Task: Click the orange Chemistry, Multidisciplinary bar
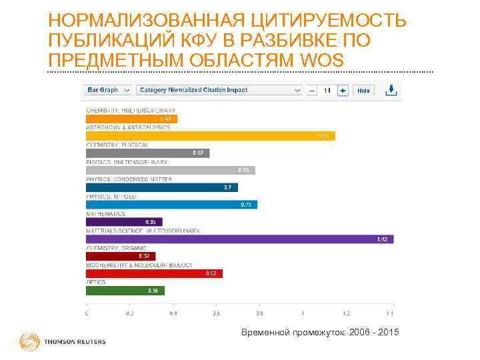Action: pos(131,119)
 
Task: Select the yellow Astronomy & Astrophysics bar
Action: pos(210,136)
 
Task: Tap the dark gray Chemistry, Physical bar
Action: pos(147,153)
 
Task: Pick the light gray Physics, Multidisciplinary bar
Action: pos(170,171)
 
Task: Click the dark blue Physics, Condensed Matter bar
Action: pos(161,188)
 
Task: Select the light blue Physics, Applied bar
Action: pos(171,205)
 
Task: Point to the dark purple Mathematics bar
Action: pos(124,222)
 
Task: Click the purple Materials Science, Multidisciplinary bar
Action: pos(239,239)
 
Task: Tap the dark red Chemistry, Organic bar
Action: pos(120,256)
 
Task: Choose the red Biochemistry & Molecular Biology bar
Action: pos(154,273)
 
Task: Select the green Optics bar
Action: pos(125,291)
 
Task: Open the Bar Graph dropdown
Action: pos(107,90)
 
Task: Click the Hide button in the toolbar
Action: pos(363,90)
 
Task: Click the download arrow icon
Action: pos(393,89)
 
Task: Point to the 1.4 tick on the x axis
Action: pos(389,313)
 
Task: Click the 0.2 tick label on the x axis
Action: pos(129,313)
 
